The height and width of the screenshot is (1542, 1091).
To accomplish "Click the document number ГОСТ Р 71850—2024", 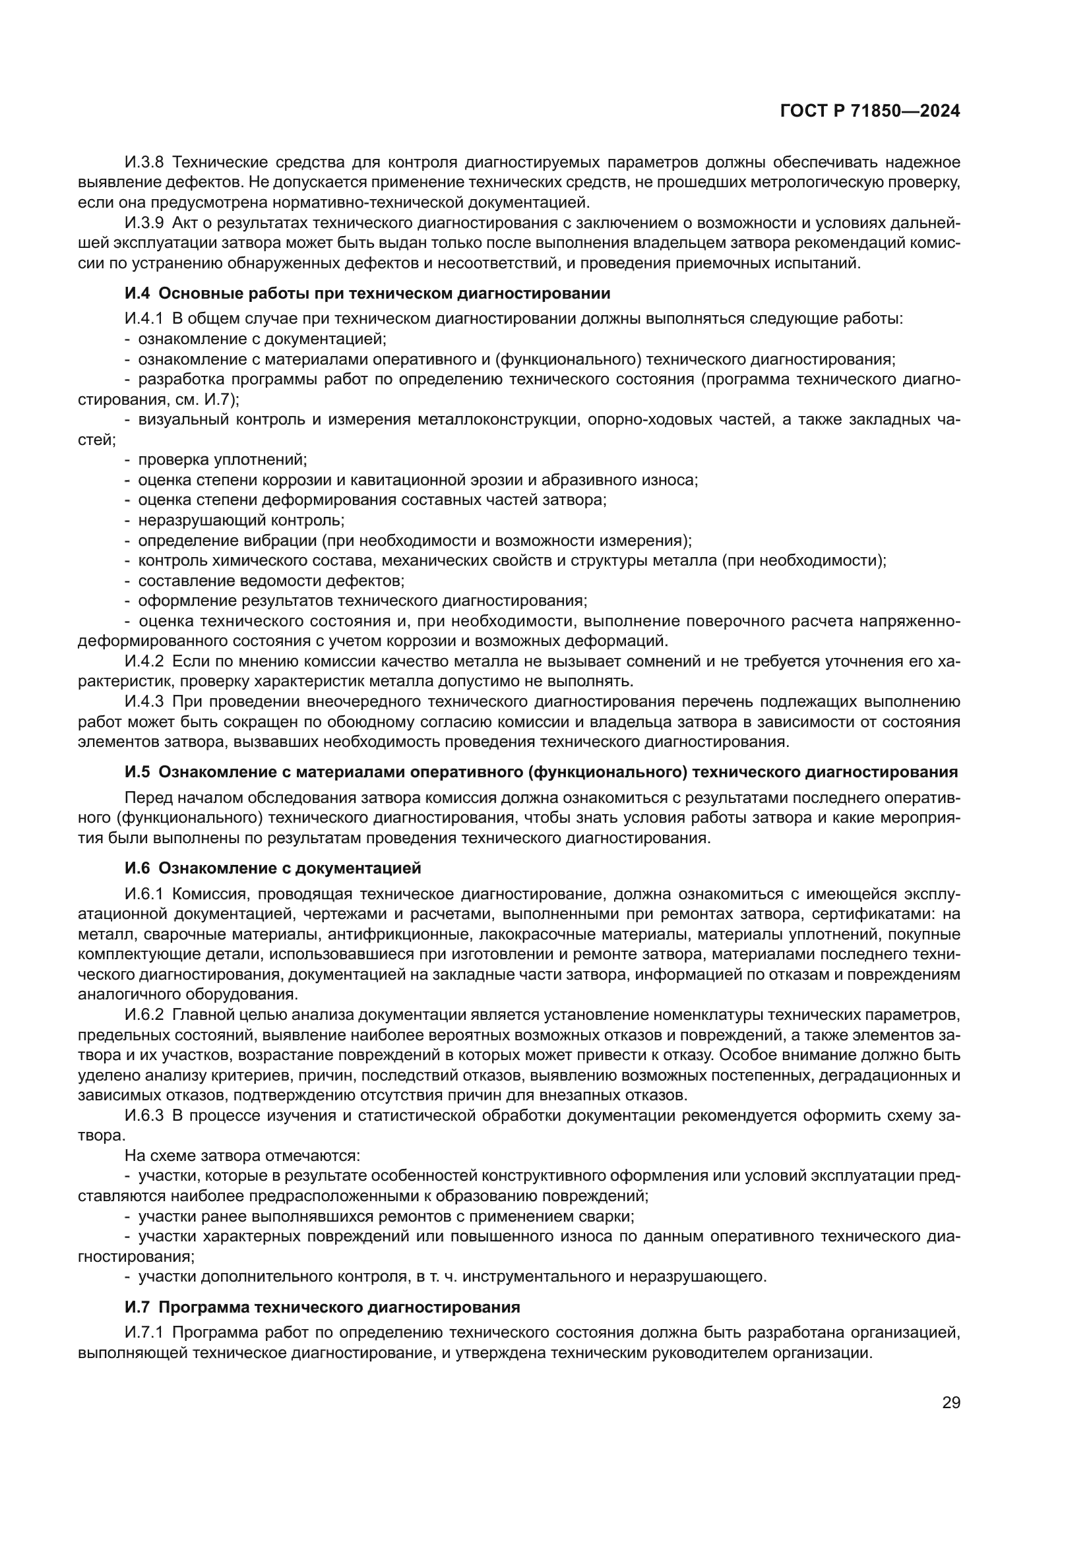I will pyautogui.click(x=870, y=111).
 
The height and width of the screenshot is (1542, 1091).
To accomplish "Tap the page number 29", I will pyautogui.click(x=951, y=1402).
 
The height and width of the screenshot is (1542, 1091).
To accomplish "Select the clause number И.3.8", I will pyautogui.click(x=144, y=163).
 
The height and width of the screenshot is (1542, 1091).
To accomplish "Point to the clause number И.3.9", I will pyautogui.click(x=144, y=223).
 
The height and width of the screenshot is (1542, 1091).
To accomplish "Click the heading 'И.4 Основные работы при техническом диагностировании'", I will pyautogui.click(x=367, y=293).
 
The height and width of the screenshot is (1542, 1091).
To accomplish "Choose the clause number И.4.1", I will pyautogui.click(x=144, y=319).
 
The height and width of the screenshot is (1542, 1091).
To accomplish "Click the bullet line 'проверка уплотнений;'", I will pyautogui.click(x=222, y=460).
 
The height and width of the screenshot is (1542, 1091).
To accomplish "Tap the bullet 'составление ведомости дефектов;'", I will pyautogui.click(x=270, y=581).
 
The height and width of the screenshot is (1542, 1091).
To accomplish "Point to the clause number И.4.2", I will pyautogui.click(x=144, y=661).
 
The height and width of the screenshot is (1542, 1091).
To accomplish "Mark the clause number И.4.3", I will pyautogui.click(x=144, y=702).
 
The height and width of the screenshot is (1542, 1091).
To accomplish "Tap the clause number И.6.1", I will pyautogui.click(x=144, y=894).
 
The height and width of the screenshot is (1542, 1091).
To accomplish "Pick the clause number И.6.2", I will pyautogui.click(x=144, y=1015).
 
